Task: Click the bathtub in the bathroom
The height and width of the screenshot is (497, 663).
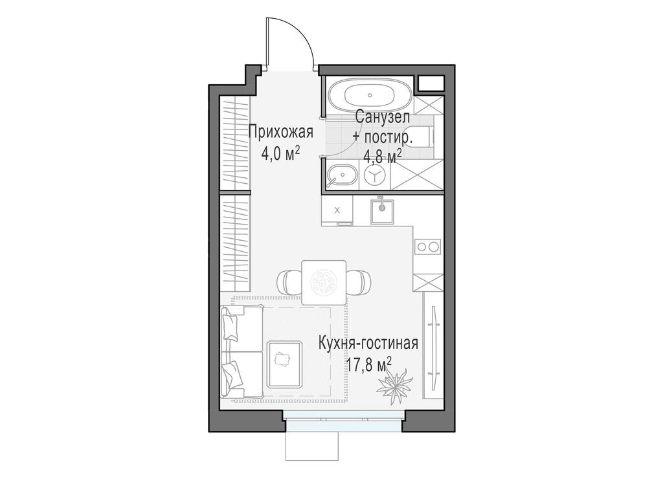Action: coord(366,96)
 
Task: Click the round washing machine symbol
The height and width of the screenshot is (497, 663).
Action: coord(375,175)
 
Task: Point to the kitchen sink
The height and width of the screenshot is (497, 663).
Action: coord(383,208)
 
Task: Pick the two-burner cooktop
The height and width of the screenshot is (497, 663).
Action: coord(427,247)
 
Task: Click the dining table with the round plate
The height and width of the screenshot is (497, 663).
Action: coord(324,280)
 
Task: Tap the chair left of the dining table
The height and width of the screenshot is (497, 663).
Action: coord(288,282)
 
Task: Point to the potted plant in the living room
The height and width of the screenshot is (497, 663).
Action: coord(394,383)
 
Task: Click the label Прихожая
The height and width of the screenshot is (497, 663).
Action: coord(281,133)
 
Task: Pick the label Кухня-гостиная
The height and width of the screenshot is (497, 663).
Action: coord(368,344)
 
